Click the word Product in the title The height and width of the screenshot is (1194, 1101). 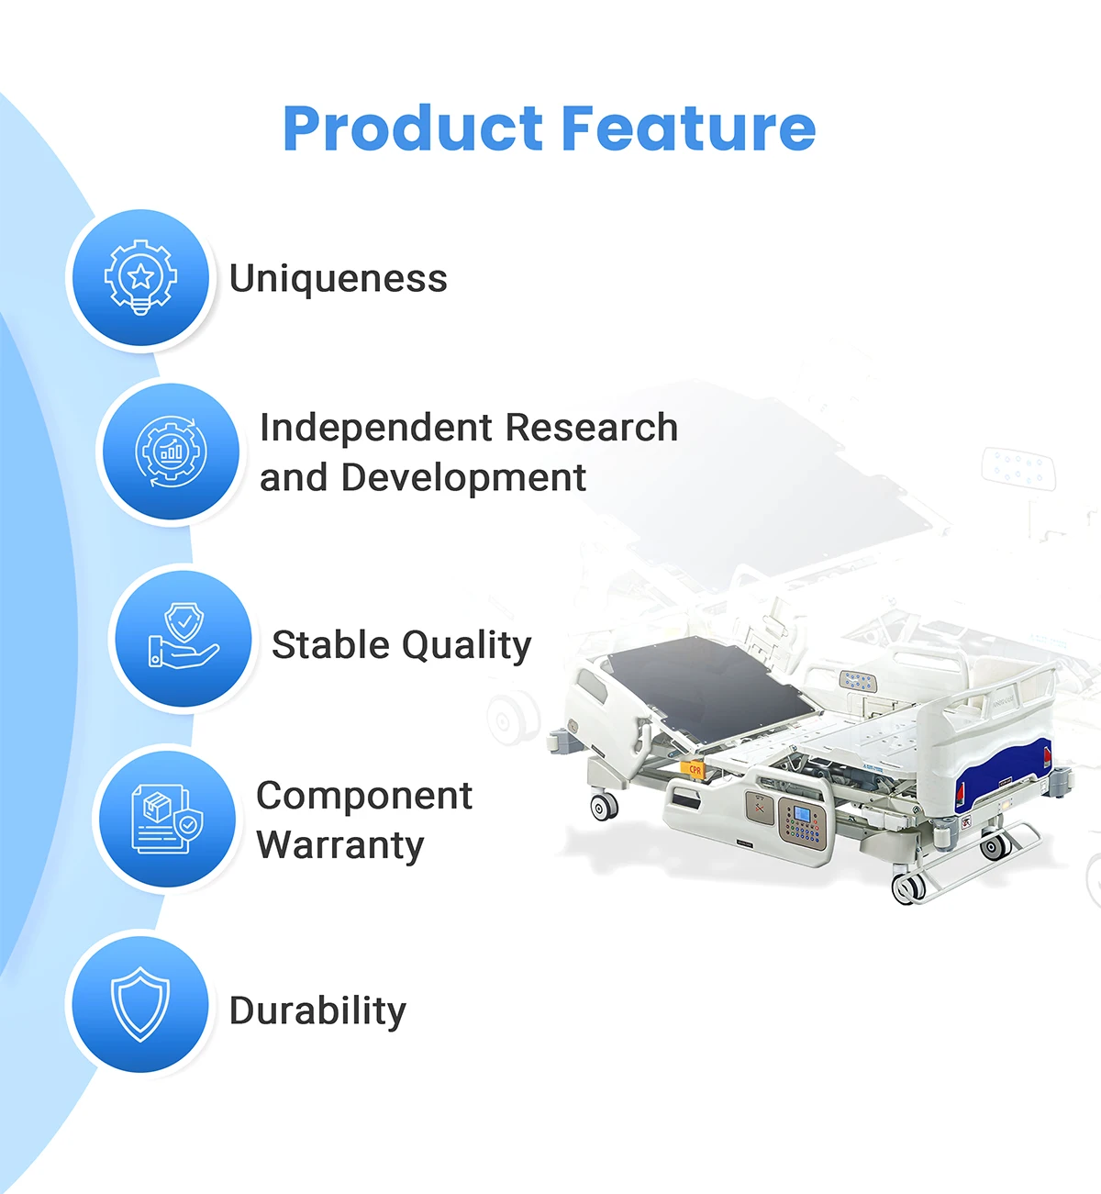413,128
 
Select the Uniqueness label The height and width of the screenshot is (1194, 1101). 338,278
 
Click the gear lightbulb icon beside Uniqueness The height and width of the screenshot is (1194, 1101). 140,277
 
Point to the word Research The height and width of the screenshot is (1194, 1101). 592,428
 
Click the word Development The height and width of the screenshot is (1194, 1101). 463,478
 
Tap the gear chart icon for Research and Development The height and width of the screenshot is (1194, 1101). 171,452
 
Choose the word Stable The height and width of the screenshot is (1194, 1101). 330,645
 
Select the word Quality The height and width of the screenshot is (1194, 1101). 467,647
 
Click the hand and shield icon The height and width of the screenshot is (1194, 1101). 183,636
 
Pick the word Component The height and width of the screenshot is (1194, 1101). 364,797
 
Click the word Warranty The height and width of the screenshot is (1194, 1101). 340,846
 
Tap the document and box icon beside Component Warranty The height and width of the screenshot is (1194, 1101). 167,819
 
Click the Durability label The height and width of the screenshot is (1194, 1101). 317,1010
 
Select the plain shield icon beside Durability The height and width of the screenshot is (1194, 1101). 140,1004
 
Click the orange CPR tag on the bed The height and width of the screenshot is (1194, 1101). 694,770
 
